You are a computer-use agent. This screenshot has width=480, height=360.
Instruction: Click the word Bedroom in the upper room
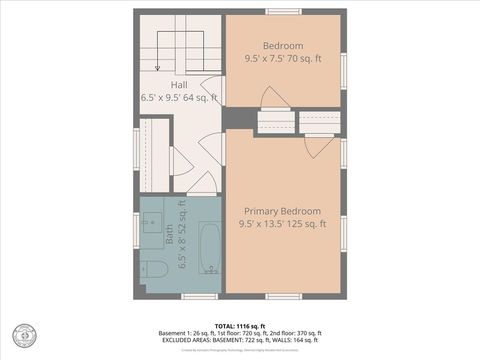click(283, 46)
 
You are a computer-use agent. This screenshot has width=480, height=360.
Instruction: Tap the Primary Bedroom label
click(283, 211)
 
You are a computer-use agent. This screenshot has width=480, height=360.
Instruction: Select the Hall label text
click(179, 86)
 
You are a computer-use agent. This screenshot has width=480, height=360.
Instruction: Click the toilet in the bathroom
click(152, 268)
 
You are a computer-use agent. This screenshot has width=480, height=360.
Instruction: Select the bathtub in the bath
click(209, 248)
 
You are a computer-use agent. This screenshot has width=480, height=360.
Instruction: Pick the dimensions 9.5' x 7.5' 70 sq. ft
click(283, 59)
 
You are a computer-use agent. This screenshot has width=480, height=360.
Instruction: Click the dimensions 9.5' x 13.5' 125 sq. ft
click(283, 224)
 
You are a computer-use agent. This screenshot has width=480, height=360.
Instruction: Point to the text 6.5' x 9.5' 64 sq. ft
click(179, 99)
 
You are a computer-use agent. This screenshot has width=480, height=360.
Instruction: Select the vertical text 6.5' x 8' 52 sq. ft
click(182, 235)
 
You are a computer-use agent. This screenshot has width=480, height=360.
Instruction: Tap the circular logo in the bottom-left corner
click(21, 336)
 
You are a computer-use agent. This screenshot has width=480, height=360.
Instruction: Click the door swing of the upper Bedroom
click(272, 97)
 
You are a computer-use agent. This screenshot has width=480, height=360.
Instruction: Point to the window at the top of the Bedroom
click(283, 11)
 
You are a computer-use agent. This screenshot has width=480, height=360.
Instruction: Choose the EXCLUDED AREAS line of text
click(240, 340)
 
